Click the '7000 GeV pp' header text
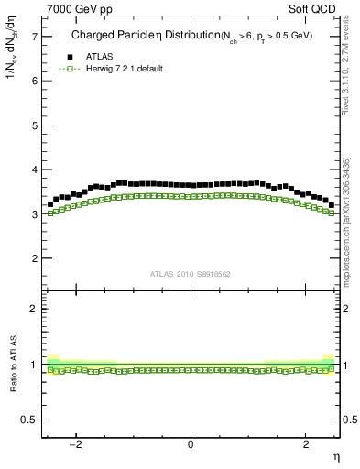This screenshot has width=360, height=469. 73,9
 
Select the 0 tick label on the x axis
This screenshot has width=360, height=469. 191,446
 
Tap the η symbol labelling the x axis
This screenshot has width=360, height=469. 335,456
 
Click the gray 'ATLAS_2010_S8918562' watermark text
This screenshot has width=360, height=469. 190,274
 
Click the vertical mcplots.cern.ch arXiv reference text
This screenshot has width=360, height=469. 349,220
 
